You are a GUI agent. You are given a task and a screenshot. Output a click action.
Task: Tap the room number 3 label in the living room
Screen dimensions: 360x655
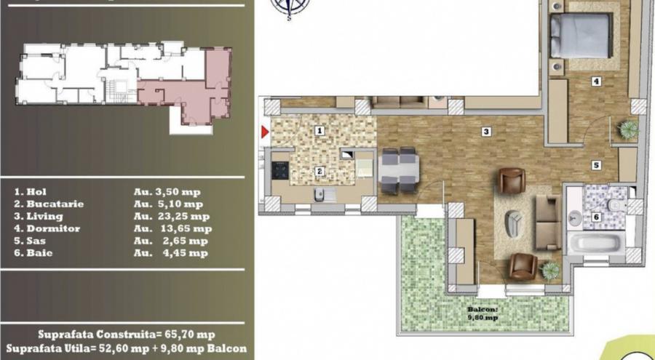tap(485, 132)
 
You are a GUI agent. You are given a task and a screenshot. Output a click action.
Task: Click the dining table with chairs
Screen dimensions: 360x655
tap(398, 171)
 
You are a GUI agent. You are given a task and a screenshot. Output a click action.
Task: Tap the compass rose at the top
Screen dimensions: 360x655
tap(289, 7)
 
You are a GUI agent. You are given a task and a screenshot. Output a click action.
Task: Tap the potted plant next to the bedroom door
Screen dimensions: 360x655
tap(627, 129)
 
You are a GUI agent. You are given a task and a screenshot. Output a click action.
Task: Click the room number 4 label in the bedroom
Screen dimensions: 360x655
tap(596, 81)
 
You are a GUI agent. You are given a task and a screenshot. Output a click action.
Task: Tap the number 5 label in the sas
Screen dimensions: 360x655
tap(595, 165)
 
